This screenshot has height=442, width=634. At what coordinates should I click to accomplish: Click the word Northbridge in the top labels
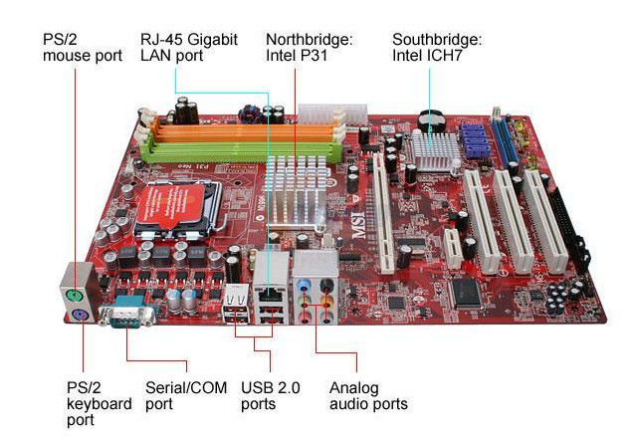[x=309, y=40]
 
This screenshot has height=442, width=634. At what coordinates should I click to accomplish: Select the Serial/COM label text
[x=181, y=387]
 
